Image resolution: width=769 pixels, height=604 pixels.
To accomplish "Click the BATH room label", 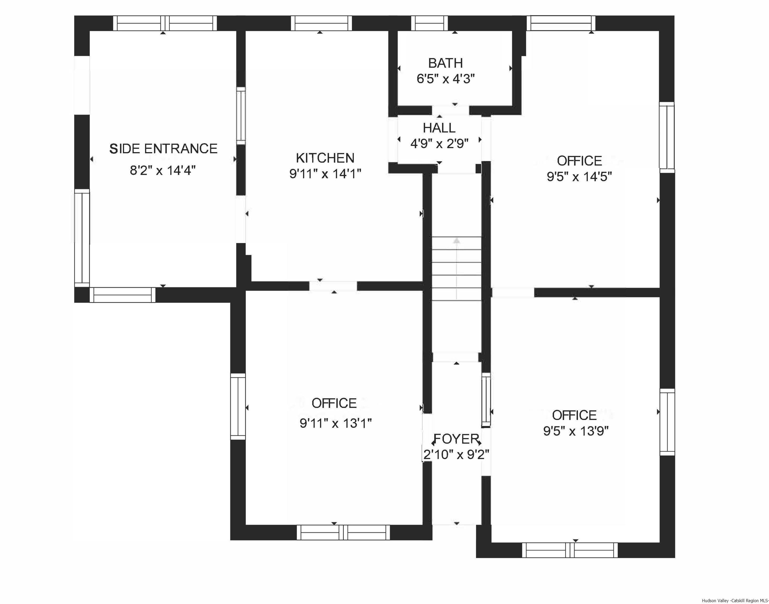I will point(445,63).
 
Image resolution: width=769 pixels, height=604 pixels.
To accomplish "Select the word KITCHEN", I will point(325,158).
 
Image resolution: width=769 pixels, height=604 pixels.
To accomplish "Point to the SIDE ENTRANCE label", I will point(163,149).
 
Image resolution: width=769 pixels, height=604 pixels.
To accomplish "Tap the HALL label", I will point(439,128).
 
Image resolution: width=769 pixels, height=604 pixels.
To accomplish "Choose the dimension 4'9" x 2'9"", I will point(439,144).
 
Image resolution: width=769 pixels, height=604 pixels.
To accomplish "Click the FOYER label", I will point(456,439).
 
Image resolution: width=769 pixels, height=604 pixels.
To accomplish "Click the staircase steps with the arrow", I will point(457,269).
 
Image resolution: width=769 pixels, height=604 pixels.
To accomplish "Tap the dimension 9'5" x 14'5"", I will point(579,176).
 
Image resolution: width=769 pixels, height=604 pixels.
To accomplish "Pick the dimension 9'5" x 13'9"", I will point(575,431).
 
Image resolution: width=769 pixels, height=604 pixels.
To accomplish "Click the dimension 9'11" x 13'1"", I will point(336,423).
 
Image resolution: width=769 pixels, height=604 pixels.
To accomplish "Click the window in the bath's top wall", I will point(429,23).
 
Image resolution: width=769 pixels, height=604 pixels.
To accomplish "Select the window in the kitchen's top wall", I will point(321,23).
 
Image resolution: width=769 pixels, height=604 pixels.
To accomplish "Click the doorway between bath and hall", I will point(450,110).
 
